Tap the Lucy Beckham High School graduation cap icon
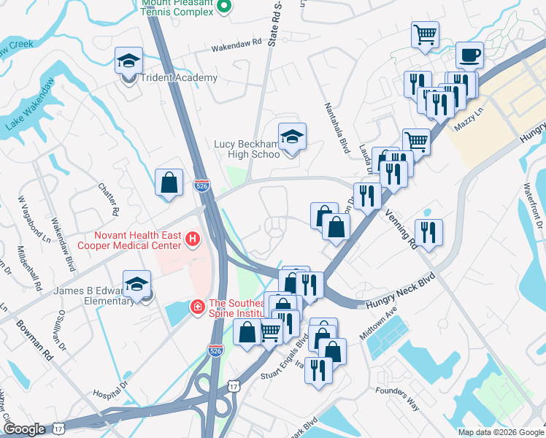pyautogui.click(x=292, y=137)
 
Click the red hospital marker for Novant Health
pyautogui.click(x=193, y=238)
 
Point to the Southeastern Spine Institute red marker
pyautogui.click(x=197, y=307)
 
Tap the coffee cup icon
pyautogui.click(x=469, y=55)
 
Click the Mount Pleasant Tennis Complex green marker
pyautogui.click(x=225, y=7)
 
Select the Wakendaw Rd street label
pyautogui.click(x=236, y=47)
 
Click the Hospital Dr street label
pyautogui.click(x=110, y=389)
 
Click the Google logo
pyautogui.click(x=24, y=429)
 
